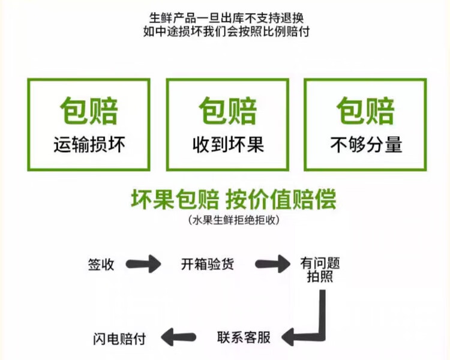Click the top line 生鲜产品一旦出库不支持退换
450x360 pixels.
(x=225, y=17)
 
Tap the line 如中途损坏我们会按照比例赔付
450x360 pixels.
(x=225, y=32)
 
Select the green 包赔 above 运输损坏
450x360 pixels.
(x=89, y=111)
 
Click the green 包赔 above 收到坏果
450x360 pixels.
(x=227, y=111)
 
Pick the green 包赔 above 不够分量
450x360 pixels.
(x=365, y=111)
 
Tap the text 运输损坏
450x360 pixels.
(x=89, y=145)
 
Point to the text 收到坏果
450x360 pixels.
(x=227, y=145)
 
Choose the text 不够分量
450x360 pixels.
(x=365, y=145)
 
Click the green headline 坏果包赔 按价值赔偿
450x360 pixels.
(x=234, y=200)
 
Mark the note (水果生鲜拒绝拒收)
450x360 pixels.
(x=234, y=220)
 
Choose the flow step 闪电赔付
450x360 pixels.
(x=119, y=337)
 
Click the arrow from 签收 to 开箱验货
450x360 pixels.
(x=145, y=264)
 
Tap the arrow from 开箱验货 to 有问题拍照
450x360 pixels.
(x=273, y=264)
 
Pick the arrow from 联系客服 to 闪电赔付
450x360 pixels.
(x=180, y=337)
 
